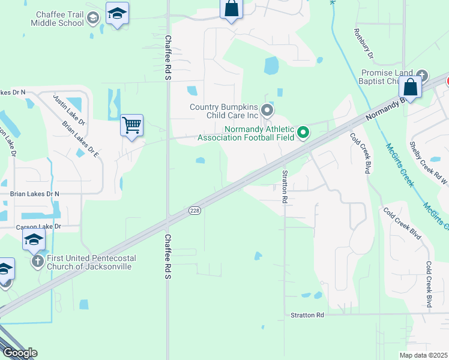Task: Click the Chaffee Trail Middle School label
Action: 52,19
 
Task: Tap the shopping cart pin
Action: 131,125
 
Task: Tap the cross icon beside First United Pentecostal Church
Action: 37,262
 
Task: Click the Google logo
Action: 20,352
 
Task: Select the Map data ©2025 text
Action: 423,355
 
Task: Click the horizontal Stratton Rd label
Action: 307,315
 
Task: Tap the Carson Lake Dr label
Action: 38,227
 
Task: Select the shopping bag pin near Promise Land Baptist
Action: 411,87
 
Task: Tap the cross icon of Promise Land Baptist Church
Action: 422,76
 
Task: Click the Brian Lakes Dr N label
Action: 34,194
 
